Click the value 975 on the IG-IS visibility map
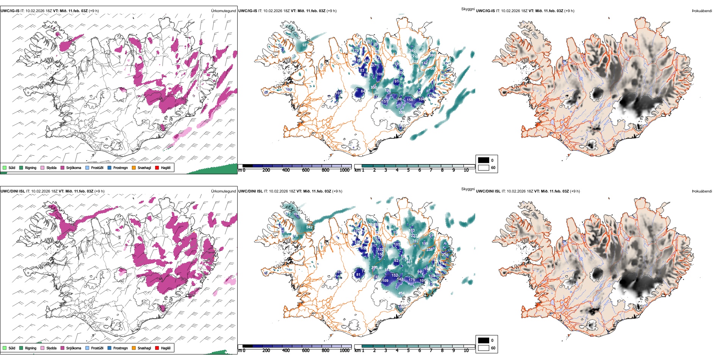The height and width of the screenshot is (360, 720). (305, 45)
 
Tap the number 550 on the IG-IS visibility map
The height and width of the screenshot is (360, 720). (402, 113)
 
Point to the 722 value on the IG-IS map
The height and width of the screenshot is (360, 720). (414, 56)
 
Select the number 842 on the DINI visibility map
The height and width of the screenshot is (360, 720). (309, 227)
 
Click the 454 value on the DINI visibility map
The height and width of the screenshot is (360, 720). (401, 293)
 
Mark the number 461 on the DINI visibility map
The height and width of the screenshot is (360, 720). (409, 262)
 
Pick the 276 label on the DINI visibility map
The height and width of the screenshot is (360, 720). (445, 255)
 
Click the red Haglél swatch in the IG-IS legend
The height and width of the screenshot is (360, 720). (157, 167)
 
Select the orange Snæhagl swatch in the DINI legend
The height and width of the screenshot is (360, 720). (134, 348)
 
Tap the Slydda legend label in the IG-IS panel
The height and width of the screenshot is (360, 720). (51, 167)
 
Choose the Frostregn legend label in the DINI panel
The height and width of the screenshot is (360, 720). (121, 348)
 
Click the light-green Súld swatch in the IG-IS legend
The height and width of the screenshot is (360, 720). (5, 167)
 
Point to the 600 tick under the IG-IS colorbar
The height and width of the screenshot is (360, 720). (306, 170)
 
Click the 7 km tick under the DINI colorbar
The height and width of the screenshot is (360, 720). (431, 351)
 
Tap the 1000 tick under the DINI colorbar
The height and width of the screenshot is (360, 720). (344, 351)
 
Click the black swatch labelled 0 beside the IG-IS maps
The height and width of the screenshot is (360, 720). (484, 160)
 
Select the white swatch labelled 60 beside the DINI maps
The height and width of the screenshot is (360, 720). (484, 348)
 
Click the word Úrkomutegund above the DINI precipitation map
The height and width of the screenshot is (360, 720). (223, 191)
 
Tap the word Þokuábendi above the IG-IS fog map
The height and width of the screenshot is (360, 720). (702, 11)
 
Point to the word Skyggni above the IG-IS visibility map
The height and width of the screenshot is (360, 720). (468, 9)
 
